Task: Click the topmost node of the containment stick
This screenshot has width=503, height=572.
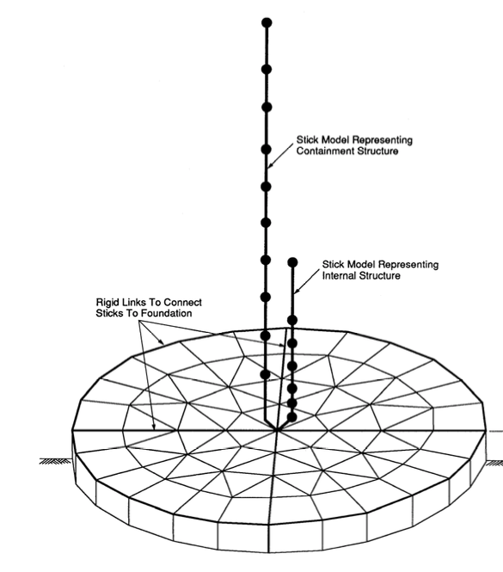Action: coord(267,22)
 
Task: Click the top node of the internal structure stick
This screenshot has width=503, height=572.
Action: coord(292,262)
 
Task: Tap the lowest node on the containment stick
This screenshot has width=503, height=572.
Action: coord(265,374)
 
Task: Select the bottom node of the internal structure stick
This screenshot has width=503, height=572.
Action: coord(291,417)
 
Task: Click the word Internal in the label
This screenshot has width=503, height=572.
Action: coord(336,275)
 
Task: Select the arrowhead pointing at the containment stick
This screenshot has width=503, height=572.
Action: coord(269,165)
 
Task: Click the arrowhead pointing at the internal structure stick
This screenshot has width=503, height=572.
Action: coord(296,291)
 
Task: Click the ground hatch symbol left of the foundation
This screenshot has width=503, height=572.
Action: coord(55,461)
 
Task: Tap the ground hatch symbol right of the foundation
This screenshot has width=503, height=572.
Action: coord(494,463)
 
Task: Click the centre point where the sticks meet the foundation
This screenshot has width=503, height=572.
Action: coord(277,430)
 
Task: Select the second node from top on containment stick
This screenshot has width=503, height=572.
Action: coord(267,69)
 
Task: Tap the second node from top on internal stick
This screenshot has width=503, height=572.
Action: coord(292,320)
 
